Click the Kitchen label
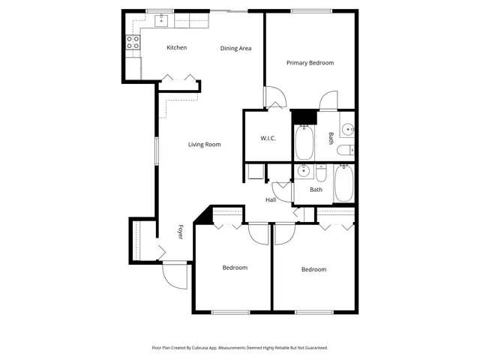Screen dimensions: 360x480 coord(176,48)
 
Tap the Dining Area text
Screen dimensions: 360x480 coord(235,49)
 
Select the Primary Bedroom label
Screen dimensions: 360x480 coord(310,63)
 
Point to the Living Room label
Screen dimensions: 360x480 coord(204,145)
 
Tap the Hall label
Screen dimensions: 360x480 coord(271,199)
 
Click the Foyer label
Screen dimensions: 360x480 coord(180,232)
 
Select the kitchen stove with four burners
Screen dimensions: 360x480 coord(133,43)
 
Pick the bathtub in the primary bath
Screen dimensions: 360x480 coord(304,142)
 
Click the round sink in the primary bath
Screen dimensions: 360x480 coord(347,130)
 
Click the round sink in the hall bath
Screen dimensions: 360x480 coord(303,172)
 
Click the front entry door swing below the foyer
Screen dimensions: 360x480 coord(174,277)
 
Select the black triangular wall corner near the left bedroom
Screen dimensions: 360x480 coord(201,217)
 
